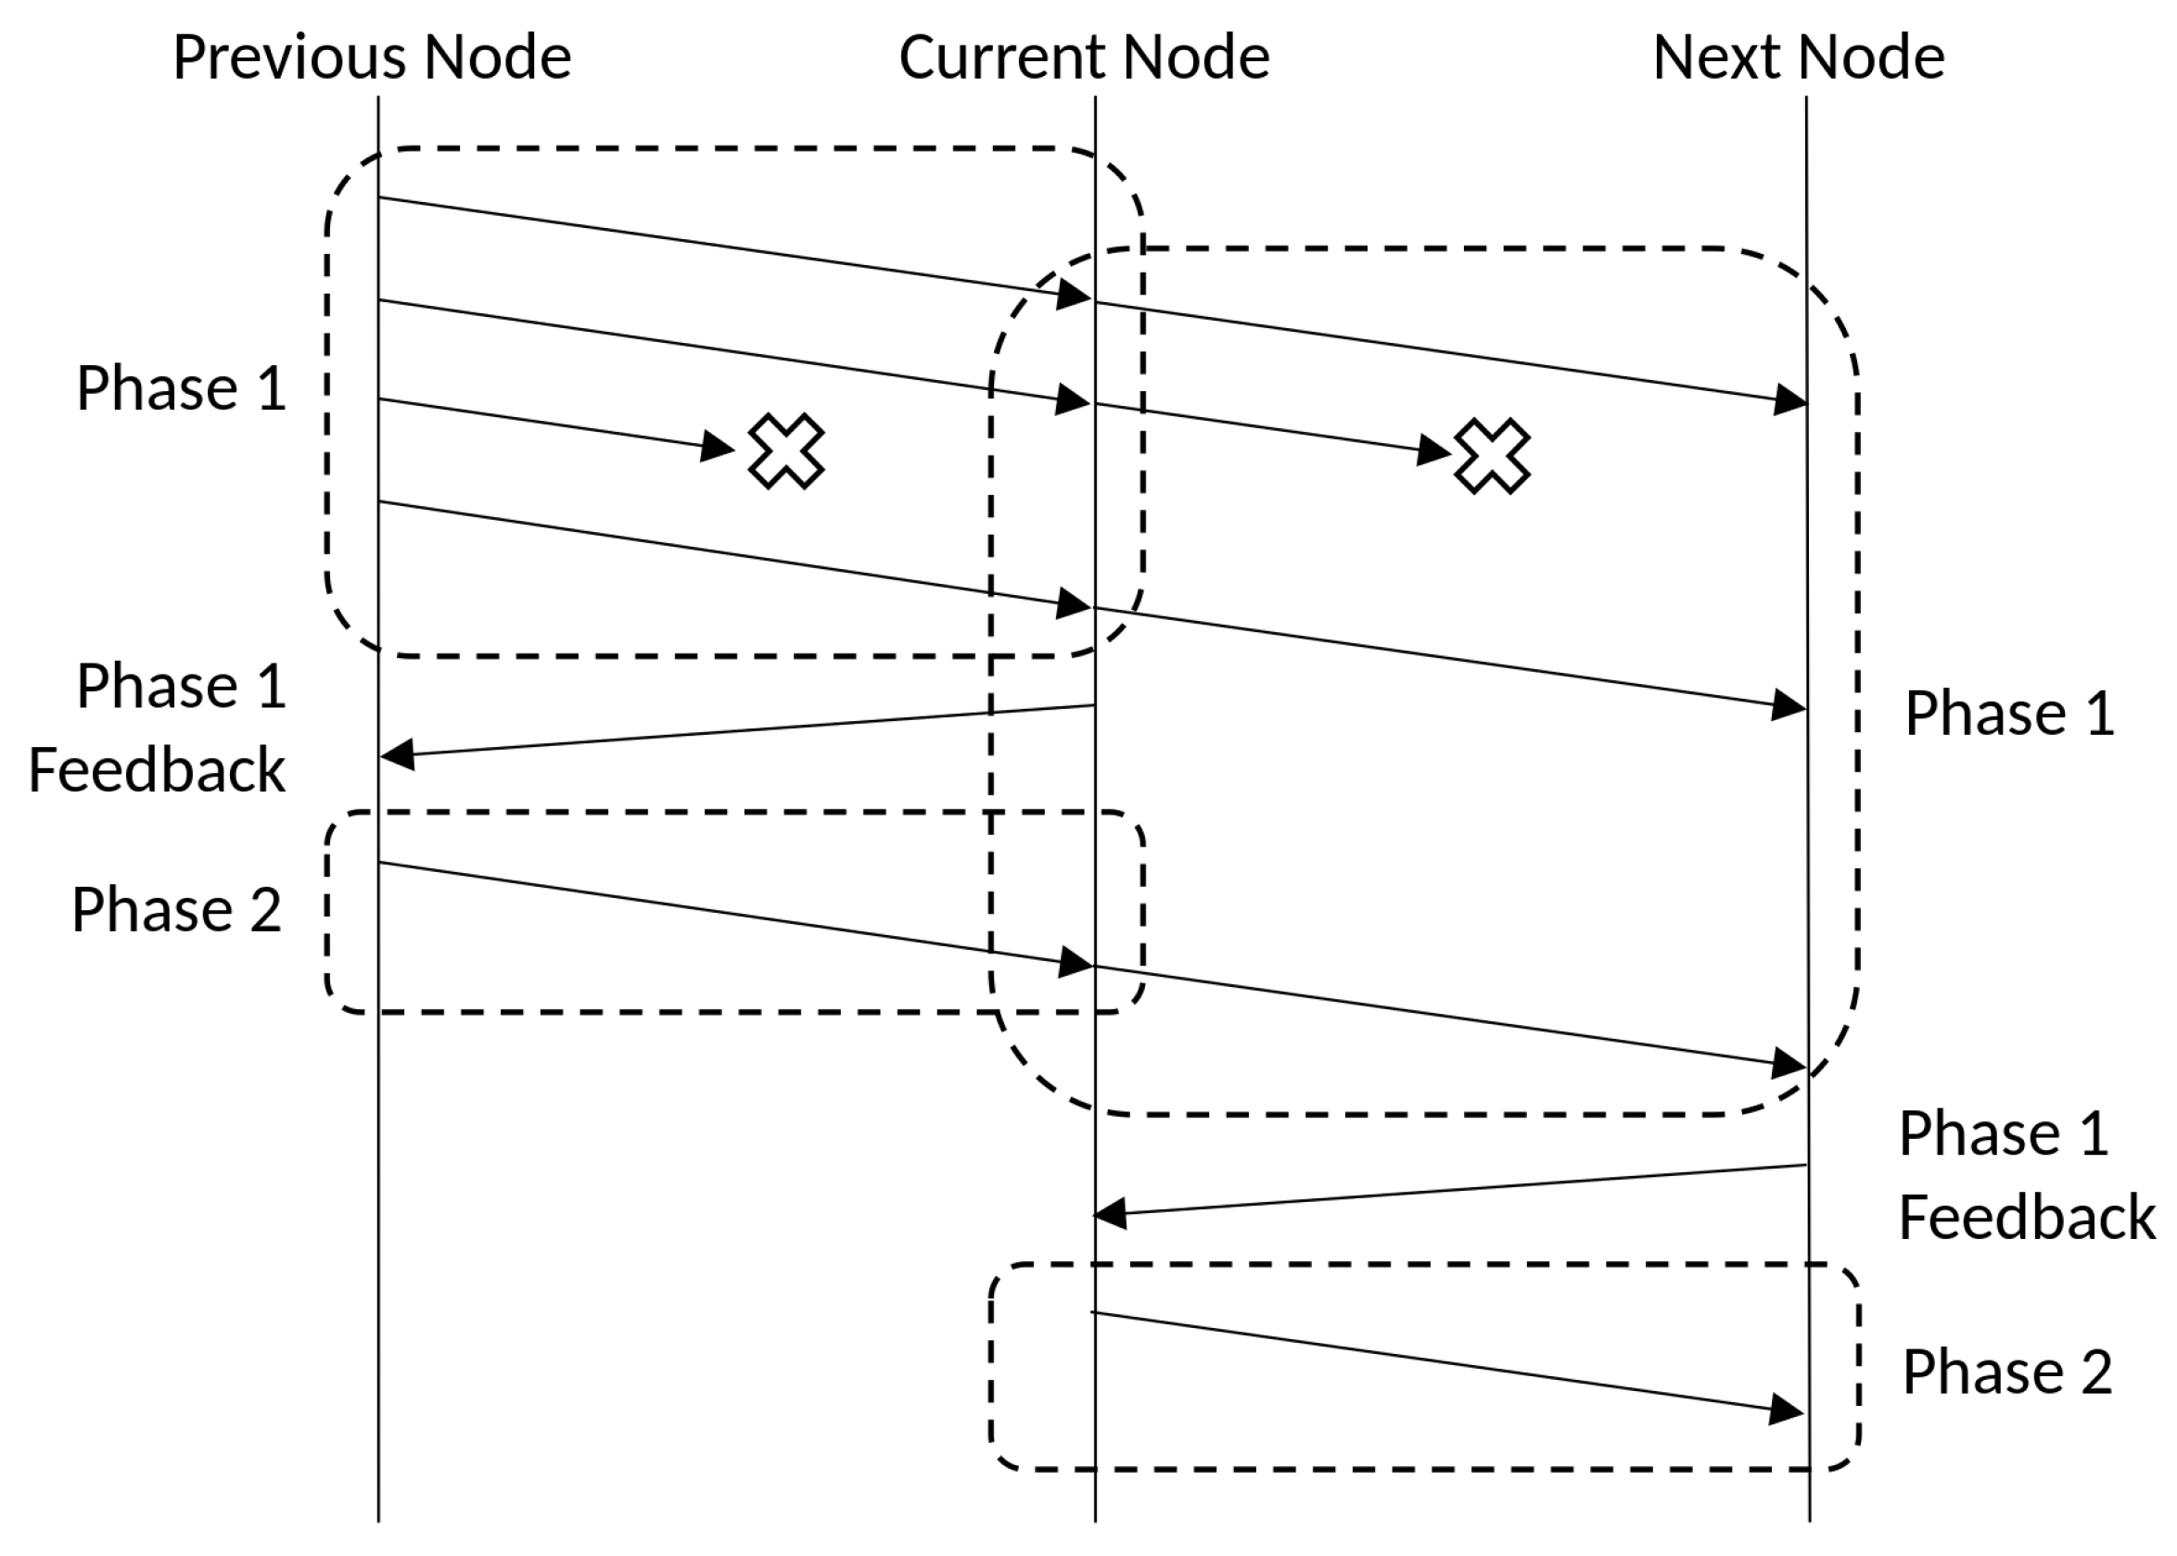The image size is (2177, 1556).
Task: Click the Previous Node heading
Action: [x=372, y=57]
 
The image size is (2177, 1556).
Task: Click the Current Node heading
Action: [x=1083, y=57]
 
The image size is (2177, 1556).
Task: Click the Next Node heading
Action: [x=1799, y=57]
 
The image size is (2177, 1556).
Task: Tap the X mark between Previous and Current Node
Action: [x=785, y=450]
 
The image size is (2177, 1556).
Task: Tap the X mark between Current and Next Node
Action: [x=1492, y=455]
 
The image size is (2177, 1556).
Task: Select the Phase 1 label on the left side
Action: [x=181, y=389]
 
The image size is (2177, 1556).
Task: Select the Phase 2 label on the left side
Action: [x=176, y=909]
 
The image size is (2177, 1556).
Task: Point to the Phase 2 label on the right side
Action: [x=2007, y=1372]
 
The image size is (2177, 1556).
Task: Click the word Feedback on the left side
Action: [x=158, y=770]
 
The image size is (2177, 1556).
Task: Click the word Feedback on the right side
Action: [x=2027, y=1218]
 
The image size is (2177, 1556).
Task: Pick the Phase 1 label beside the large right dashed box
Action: [x=2009, y=713]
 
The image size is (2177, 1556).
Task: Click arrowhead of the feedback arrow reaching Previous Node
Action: [x=397, y=754]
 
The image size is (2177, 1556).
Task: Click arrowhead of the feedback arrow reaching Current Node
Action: [x=1110, y=1214]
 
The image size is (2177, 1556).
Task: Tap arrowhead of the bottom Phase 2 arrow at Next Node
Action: [x=1786, y=1410]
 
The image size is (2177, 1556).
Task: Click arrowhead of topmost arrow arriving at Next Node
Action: [x=1789, y=399]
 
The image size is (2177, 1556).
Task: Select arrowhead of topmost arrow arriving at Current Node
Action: [x=1074, y=295]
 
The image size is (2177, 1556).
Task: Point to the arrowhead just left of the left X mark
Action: [x=716, y=446]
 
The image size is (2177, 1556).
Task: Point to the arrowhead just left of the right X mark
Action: [x=1433, y=449]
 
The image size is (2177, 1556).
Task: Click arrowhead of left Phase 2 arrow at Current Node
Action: [x=1075, y=963]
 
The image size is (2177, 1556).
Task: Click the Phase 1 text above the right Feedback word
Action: [x=2004, y=1133]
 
